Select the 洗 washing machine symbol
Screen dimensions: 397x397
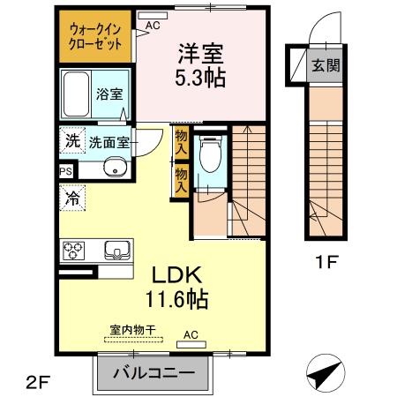point(71,139)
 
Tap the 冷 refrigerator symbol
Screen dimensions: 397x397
point(71,198)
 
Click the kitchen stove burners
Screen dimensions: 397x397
point(73,250)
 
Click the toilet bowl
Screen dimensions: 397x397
point(208,160)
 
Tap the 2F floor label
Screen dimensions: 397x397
point(38,380)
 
